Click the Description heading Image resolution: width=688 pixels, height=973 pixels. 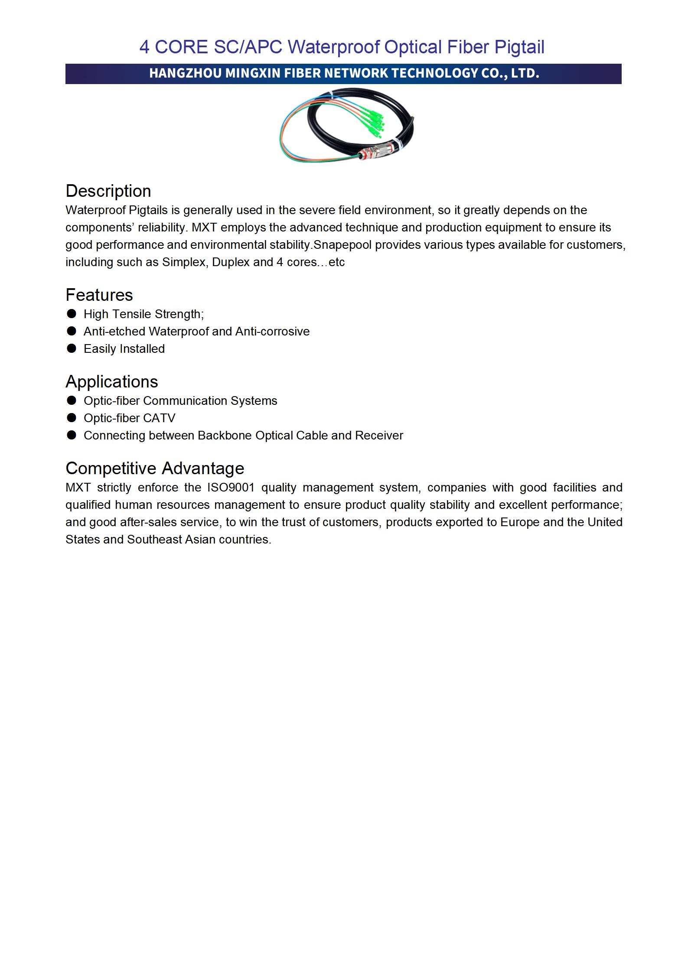tap(108, 191)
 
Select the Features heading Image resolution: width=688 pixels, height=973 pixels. tap(99, 295)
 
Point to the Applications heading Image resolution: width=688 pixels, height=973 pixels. tap(112, 382)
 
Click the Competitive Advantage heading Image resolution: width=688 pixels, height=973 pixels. tap(155, 469)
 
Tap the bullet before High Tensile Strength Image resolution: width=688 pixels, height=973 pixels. tap(72, 313)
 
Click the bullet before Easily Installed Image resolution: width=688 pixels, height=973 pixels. tap(72, 348)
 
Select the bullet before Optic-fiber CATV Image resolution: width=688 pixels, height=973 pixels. tap(72, 418)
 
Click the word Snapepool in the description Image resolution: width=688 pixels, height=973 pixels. tap(342, 245)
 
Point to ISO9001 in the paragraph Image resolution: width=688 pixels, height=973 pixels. tap(231, 488)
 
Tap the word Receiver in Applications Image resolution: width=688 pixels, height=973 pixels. tap(379, 436)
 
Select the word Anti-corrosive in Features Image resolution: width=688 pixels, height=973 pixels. tap(272, 332)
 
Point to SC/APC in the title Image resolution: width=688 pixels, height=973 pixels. tap(248, 47)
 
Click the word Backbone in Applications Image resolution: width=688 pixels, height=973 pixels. tap(225, 436)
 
